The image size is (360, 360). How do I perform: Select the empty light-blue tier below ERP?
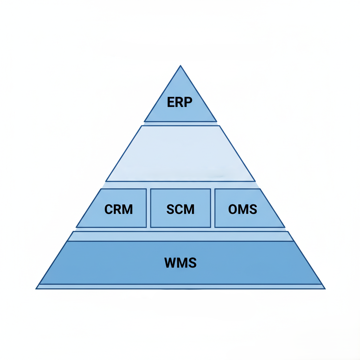(x=180, y=153)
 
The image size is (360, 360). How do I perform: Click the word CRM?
(x=118, y=209)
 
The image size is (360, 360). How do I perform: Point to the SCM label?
(x=180, y=209)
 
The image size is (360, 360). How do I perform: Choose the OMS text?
(x=243, y=209)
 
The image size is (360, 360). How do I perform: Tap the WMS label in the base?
(x=180, y=263)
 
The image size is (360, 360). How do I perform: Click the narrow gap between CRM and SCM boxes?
(x=148, y=208)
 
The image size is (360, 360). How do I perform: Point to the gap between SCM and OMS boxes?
(x=213, y=208)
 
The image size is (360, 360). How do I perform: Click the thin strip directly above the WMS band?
(x=180, y=236)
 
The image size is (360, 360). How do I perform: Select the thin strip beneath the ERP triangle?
(x=180, y=123)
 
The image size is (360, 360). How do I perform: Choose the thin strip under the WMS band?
(x=180, y=286)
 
